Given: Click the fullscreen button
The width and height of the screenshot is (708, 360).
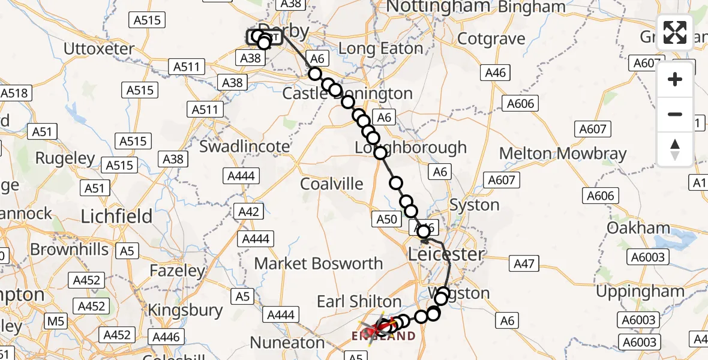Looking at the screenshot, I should pos(675,32).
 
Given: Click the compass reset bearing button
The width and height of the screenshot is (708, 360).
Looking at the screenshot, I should pos(675,149).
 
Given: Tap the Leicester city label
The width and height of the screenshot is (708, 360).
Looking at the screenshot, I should pos(446,254).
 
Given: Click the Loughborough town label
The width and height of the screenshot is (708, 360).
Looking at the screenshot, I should pos(410,148).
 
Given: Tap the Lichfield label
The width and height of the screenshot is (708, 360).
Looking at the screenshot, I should pos(116,216).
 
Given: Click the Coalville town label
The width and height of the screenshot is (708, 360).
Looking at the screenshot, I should pos(332,184).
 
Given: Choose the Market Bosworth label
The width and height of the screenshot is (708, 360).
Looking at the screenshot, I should pos(319,263).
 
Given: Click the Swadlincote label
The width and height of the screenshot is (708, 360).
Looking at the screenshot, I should pos(244,146).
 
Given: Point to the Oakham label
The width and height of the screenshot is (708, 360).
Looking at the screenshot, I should pos(638,228).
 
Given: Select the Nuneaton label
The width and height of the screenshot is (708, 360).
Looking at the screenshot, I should pos(287,343).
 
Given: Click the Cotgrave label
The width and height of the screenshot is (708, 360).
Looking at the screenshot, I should pos(491,39).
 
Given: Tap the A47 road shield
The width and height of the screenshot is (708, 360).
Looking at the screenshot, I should pos(523,263).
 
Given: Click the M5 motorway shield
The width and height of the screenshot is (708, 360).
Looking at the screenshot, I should pos(56,322).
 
